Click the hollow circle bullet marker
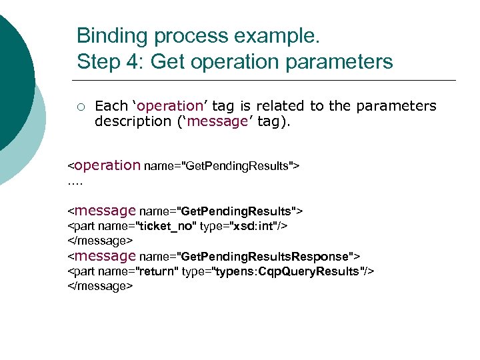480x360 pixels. [81, 106]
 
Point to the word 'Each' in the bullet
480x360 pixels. [111, 106]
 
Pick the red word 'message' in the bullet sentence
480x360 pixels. [221, 121]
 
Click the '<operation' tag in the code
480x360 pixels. [104, 165]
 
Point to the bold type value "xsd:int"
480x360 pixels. [255, 226]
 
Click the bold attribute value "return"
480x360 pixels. [155, 271]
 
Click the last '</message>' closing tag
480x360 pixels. [101, 286]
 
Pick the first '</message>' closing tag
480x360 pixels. [101, 240]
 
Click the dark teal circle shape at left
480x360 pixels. [13, 73]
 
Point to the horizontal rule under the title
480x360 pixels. [267, 80]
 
